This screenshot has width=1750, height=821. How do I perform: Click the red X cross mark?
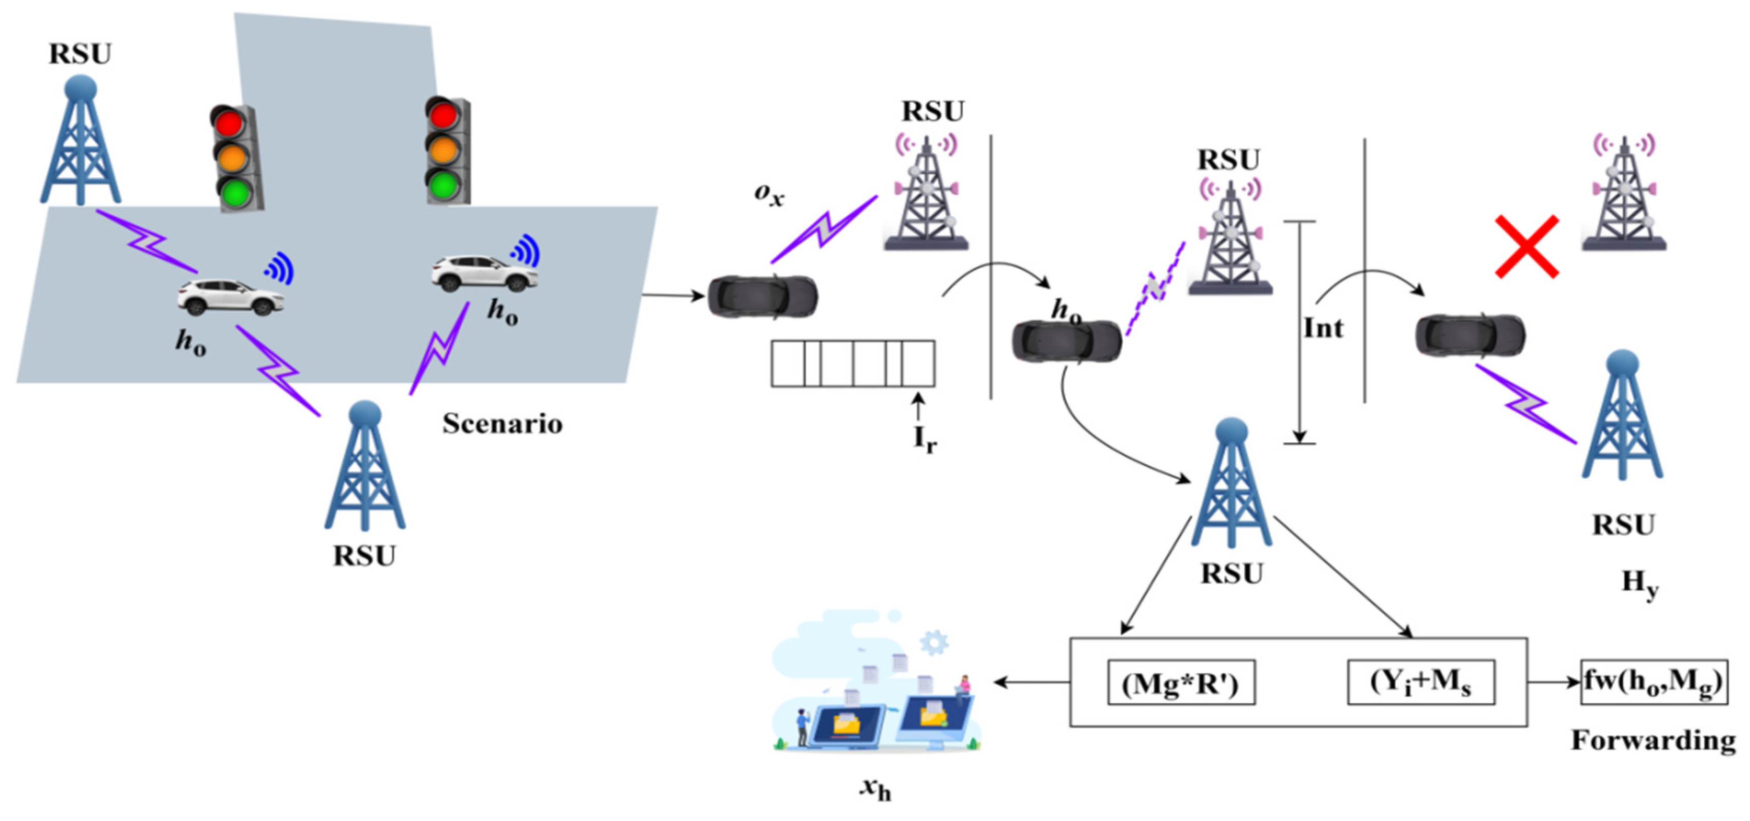pos(1526,247)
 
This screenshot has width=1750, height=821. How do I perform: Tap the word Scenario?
pos(503,424)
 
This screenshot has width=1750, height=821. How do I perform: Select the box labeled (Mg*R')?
pos(1181,683)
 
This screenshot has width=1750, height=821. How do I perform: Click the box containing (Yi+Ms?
pos(1421,682)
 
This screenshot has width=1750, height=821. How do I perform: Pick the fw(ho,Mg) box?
pos(1653,682)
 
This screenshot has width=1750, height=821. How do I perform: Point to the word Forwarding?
pos(1653,740)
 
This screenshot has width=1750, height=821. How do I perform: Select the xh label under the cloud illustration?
pos(875,788)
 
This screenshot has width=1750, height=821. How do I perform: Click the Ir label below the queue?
pos(925,439)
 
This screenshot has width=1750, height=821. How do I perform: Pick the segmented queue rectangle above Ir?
pos(852,364)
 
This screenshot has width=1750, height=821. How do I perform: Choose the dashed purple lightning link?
pos(1155,288)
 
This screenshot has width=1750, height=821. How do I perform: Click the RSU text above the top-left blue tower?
pos(80,53)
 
